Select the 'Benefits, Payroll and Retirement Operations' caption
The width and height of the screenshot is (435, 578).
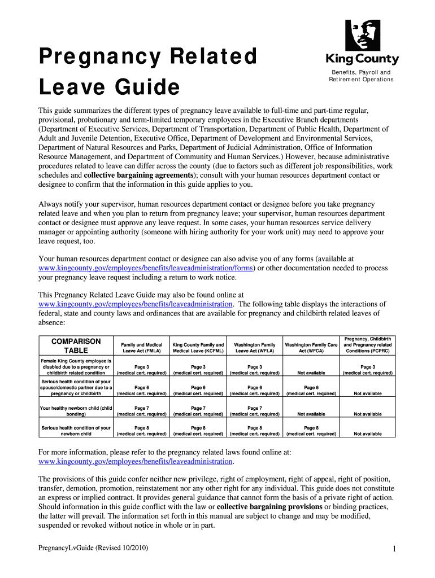[x=361, y=76]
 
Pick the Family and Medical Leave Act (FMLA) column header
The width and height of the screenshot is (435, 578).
[x=141, y=348]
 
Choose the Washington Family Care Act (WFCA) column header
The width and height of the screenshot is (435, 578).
[x=311, y=348]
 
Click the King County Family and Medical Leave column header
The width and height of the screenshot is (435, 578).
[x=198, y=348]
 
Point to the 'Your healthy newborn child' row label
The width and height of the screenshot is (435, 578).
[x=76, y=411]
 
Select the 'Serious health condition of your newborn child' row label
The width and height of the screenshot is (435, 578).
[x=76, y=431]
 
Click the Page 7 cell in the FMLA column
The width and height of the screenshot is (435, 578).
[x=141, y=411]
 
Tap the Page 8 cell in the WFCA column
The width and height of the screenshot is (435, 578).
[x=311, y=431]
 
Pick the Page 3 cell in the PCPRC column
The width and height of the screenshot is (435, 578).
[x=367, y=370]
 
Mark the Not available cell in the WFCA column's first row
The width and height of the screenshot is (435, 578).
[x=311, y=373]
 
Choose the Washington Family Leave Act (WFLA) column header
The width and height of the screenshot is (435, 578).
[x=255, y=348]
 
